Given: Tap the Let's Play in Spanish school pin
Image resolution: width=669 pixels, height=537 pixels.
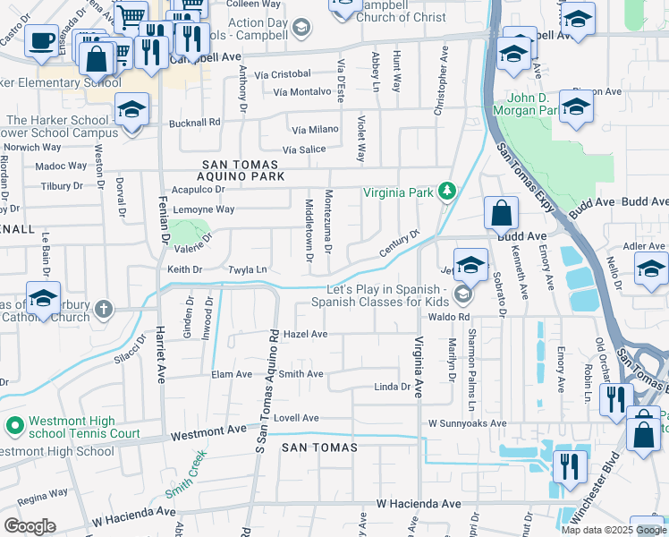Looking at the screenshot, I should pos(462,294).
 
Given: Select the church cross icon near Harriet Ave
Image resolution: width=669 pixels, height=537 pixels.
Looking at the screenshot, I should pos(104,310).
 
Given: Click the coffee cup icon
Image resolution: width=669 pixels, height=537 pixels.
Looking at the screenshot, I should pos(41,40).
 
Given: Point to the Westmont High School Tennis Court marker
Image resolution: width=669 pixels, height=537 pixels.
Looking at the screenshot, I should pos(13,425).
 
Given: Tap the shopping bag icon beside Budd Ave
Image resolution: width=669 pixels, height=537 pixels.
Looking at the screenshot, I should pos(501,214).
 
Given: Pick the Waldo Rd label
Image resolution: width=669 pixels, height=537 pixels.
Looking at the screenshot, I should pos(449,317).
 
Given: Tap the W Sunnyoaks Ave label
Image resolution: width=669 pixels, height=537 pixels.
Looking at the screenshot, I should pos(467,422).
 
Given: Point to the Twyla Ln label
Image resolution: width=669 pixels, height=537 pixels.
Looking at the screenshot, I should pos(248,269).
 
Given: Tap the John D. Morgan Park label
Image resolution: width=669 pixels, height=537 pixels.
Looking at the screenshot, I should pos(533,104).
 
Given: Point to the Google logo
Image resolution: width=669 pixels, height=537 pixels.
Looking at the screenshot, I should pos(30,526).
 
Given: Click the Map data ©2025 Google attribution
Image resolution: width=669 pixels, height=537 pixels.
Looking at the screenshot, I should pos(613,530).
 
